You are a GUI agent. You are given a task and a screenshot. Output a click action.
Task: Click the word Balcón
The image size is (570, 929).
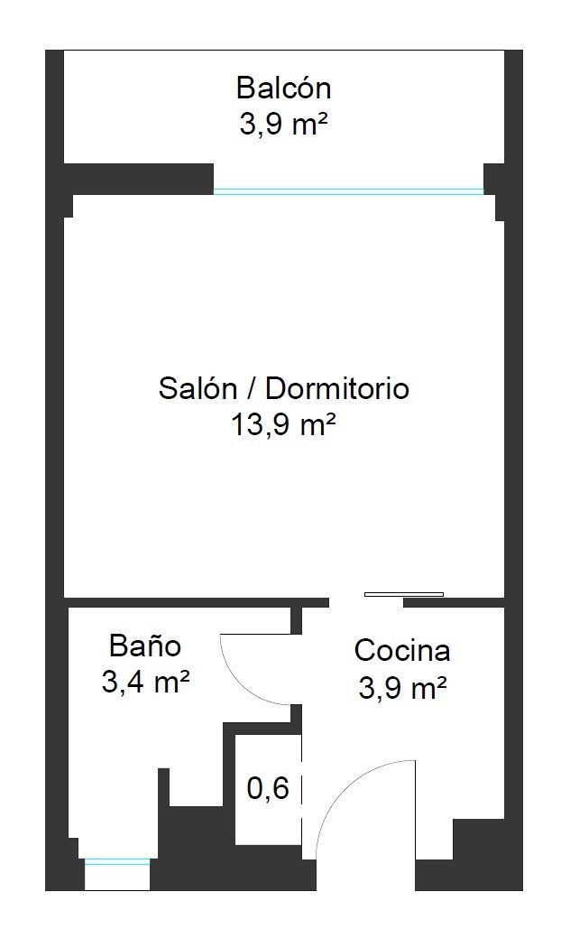(283, 88)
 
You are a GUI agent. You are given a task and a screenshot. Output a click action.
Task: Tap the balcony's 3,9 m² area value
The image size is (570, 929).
(283, 125)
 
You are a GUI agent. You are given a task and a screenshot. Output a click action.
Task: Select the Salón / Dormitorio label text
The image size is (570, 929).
(283, 388)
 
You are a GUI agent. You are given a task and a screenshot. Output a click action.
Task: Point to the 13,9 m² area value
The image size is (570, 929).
(283, 425)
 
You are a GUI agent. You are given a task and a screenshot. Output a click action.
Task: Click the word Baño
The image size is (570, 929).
(145, 646)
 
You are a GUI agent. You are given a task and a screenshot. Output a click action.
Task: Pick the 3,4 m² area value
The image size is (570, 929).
(145, 682)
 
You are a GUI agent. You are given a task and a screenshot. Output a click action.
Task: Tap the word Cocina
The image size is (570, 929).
(402, 650)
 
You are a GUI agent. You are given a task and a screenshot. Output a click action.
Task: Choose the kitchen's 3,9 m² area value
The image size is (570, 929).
(402, 688)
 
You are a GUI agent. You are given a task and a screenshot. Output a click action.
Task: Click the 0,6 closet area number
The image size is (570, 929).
(268, 788)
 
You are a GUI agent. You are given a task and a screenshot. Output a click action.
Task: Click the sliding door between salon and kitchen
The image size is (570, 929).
(404, 594)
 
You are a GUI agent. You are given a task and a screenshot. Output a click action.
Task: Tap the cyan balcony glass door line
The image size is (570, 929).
(348, 191)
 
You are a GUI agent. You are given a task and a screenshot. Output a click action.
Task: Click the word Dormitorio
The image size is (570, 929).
(336, 388)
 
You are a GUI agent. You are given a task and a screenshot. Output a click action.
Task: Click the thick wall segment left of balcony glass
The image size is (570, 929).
(138, 179)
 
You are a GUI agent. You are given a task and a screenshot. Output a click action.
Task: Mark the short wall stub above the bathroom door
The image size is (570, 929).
(297, 620)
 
